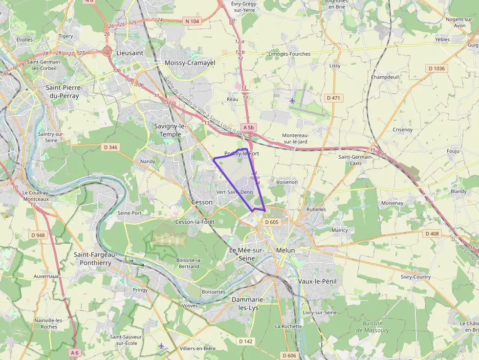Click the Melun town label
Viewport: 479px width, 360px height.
285,250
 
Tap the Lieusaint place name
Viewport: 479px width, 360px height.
130,53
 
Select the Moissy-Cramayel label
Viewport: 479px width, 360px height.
190,63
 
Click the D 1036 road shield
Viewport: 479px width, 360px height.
436,68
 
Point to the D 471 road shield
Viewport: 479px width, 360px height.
335,98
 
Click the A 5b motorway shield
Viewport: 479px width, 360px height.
249,127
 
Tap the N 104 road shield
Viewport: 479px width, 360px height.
193,21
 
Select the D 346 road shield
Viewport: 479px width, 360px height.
110,147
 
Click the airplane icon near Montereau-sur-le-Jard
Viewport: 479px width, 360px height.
292,101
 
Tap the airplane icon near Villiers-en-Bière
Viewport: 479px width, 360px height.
161,346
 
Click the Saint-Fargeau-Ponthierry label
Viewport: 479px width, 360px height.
92,258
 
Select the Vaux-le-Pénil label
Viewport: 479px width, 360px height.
317,281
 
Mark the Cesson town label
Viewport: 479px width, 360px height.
202,202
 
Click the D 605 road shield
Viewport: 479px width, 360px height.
271,222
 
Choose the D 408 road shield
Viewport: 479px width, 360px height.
432,233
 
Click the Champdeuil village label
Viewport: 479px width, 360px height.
385,77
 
